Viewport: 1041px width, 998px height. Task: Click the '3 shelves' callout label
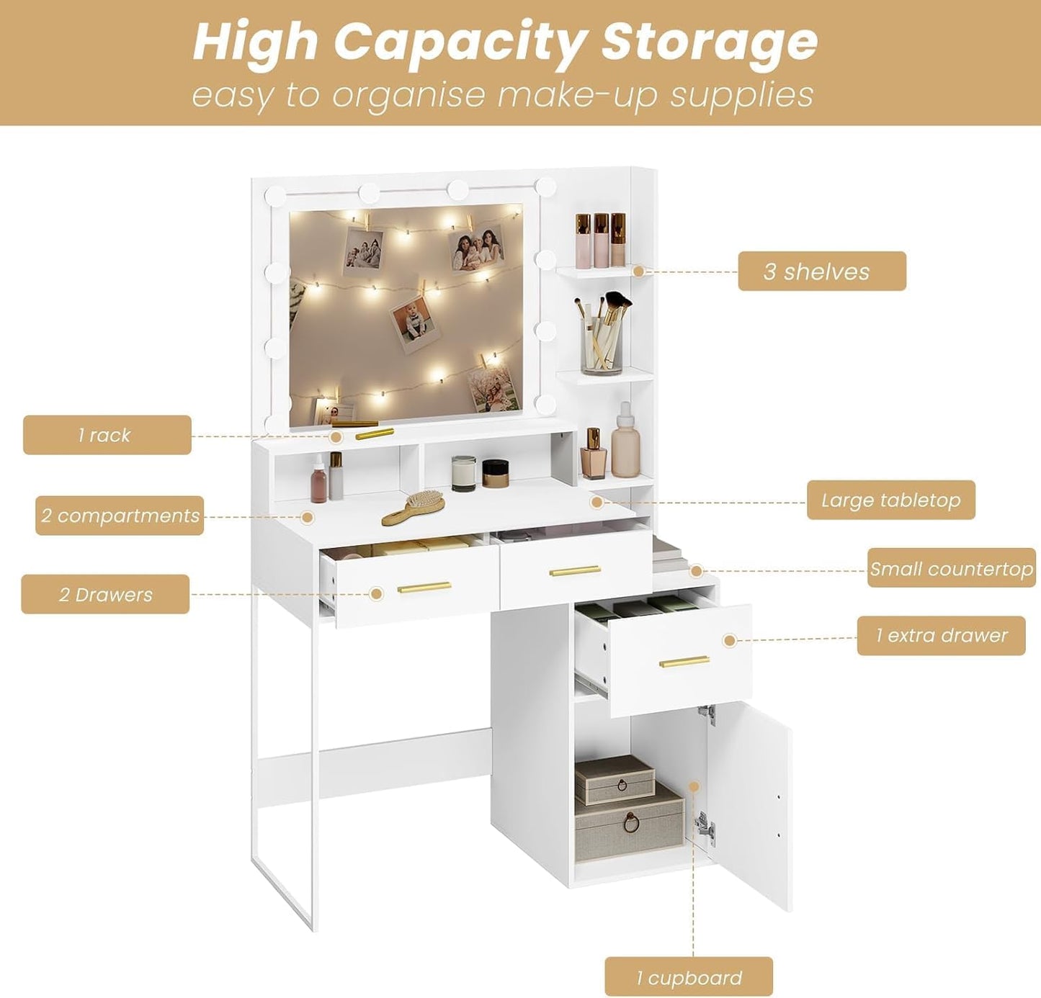(x=821, y=271)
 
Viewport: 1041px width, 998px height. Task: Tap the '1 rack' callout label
(x=107, y=435)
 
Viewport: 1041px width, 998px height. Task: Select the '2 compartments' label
(x=120, y=516)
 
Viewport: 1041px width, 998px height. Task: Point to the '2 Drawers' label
(x=105, y=595)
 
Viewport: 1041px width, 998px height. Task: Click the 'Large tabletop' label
(x=890, y=500)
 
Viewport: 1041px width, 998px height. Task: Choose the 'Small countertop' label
(x=951, y=569)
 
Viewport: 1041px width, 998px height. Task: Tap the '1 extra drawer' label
(x=941, y=636)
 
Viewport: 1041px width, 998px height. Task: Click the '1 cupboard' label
(x=688, y=977)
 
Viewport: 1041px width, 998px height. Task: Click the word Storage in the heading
(x=709, y=41)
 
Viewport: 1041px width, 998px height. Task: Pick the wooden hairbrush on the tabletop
(x=414, y=506)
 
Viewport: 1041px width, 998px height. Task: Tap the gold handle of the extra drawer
(x=684, y=661)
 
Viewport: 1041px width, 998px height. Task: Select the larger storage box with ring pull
(x=629, y=822)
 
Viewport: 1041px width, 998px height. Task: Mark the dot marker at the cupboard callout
(x=694, y=787)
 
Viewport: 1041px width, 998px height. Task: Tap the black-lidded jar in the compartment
(x=496, y=473)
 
